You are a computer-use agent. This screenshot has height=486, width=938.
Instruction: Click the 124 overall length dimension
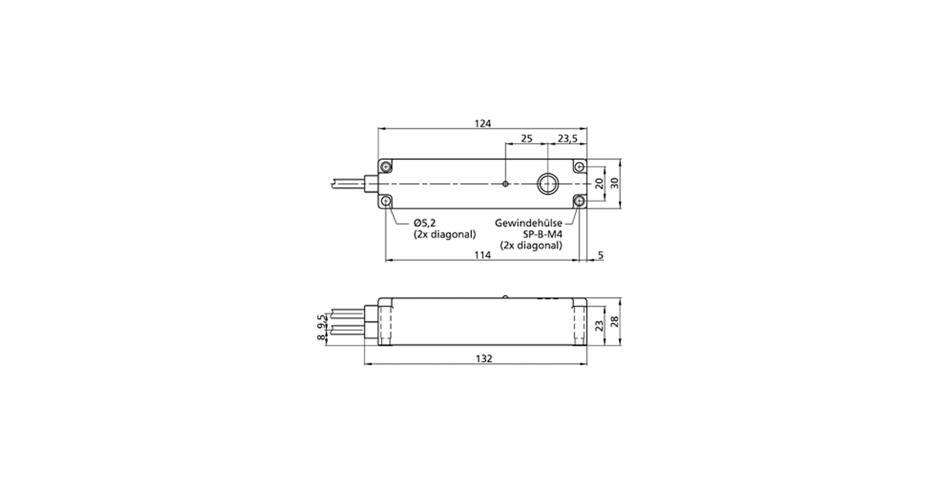point(482,123)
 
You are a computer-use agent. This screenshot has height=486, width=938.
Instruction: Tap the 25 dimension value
point(526,138)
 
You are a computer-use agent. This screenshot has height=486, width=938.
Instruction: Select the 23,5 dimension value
point(567,138)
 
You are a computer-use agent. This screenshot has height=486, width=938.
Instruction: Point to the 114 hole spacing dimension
point(482,255)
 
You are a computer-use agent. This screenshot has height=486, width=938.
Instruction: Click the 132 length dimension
point(484,359)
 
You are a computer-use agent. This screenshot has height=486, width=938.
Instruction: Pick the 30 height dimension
point(614,183)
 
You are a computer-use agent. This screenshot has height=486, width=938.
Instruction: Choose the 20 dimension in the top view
point(600,183)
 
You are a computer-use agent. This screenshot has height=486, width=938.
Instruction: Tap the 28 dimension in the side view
point(614,322)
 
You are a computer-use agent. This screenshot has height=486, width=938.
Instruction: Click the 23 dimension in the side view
point(600,326)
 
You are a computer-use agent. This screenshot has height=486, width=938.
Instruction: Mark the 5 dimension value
point(601,255)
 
